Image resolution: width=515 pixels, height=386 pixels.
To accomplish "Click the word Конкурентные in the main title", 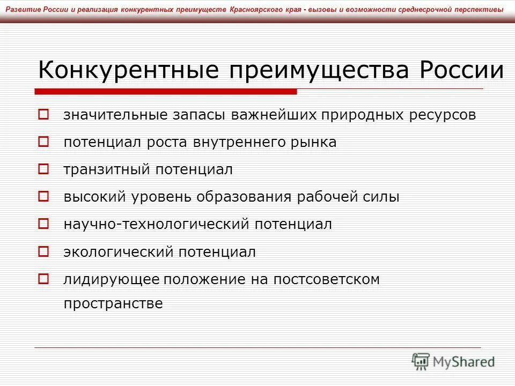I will click(x=129, y=71).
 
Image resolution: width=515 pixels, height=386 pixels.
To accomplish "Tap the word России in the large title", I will click(x=462, y=71).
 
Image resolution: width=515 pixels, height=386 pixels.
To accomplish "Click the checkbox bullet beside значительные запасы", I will click(x=44, y=114).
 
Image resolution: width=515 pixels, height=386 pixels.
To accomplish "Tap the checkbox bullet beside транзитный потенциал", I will click(x=44, y=169).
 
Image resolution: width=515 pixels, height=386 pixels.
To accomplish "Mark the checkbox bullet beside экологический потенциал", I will click(x=44, y=251).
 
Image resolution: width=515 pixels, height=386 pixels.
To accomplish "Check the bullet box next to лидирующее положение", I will click(x=44, y=278).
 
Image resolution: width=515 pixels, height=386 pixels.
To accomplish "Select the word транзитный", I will click(x=107, y=170).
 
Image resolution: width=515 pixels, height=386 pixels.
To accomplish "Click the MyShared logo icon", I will click(x=421, y=362).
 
